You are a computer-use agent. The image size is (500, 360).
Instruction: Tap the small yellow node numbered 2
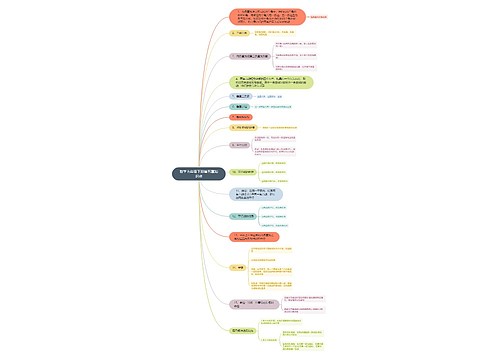[x=236, y=33]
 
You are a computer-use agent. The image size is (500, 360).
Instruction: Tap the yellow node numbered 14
[x=239, y=268]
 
